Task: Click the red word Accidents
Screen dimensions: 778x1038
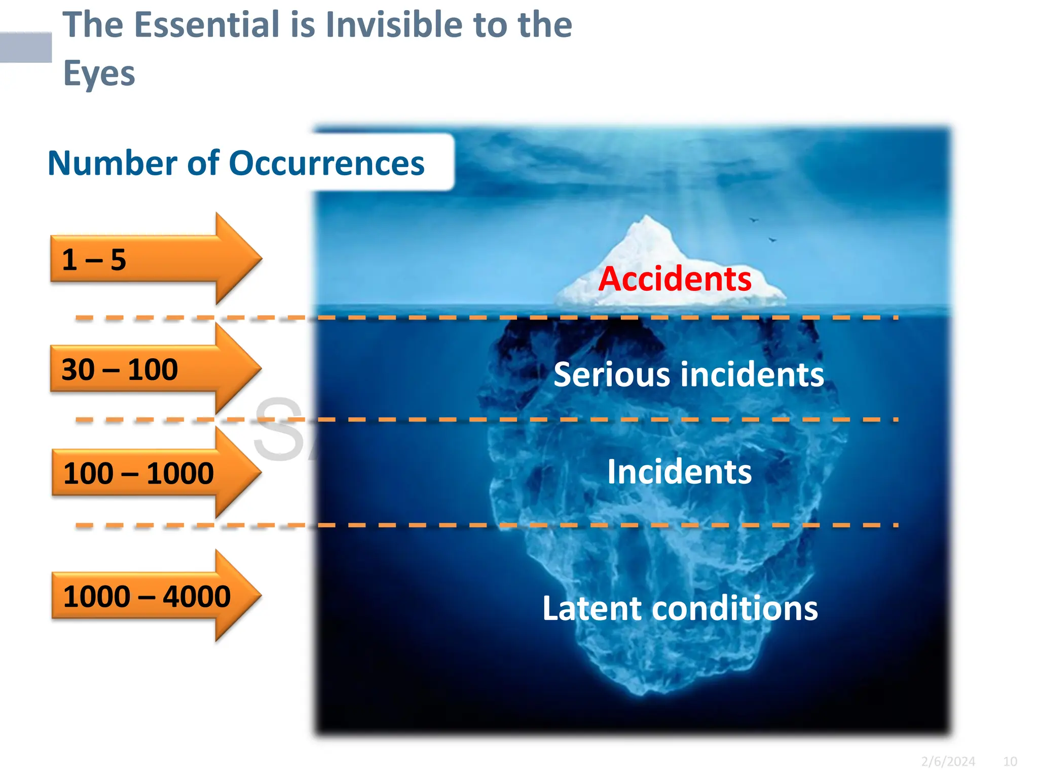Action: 675,280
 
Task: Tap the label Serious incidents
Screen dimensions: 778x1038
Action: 689,375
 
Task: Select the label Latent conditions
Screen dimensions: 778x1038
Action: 680,608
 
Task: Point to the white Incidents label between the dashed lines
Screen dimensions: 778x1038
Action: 679,472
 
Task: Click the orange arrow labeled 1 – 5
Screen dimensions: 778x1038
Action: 152,259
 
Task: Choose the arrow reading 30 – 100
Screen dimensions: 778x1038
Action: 152,369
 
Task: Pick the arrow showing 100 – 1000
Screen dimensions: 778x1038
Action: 152,473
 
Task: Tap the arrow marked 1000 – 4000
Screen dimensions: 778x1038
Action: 152,596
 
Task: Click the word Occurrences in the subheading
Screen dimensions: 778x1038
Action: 326,164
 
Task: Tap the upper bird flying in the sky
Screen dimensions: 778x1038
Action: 754,220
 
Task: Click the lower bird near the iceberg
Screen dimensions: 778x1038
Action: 772,240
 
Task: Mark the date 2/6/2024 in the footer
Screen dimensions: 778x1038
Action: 948,761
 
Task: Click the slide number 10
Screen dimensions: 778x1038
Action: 1010,761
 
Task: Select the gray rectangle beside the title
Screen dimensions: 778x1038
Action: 25,48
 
